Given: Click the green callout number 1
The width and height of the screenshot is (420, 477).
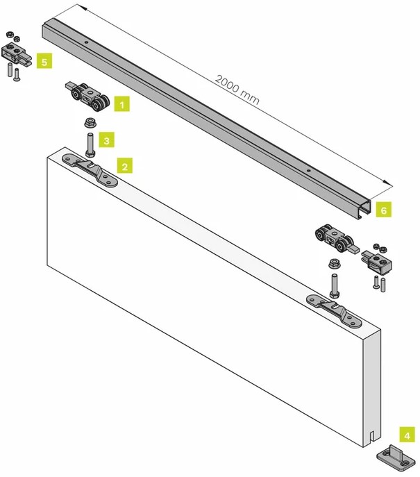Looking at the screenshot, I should (x=122, y=105).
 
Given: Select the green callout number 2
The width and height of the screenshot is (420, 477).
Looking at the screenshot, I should (x=124, y=167).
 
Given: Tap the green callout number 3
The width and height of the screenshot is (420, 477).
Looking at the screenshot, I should (x=106, y=140).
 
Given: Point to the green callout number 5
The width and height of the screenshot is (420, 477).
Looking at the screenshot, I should (x=44, y=62).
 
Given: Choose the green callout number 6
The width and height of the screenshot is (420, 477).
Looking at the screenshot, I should (x=384, y=209).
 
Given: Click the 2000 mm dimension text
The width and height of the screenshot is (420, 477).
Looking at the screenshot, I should (x=237, y=90).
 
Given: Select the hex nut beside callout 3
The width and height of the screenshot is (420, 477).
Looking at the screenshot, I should (x=90, y=124).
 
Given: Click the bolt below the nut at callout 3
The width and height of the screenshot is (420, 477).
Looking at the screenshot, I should (x=90, y=144).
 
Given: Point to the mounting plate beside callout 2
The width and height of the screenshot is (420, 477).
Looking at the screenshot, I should (x=90, y=169).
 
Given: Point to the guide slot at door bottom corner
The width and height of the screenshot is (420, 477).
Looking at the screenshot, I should (x=372, y=439).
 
